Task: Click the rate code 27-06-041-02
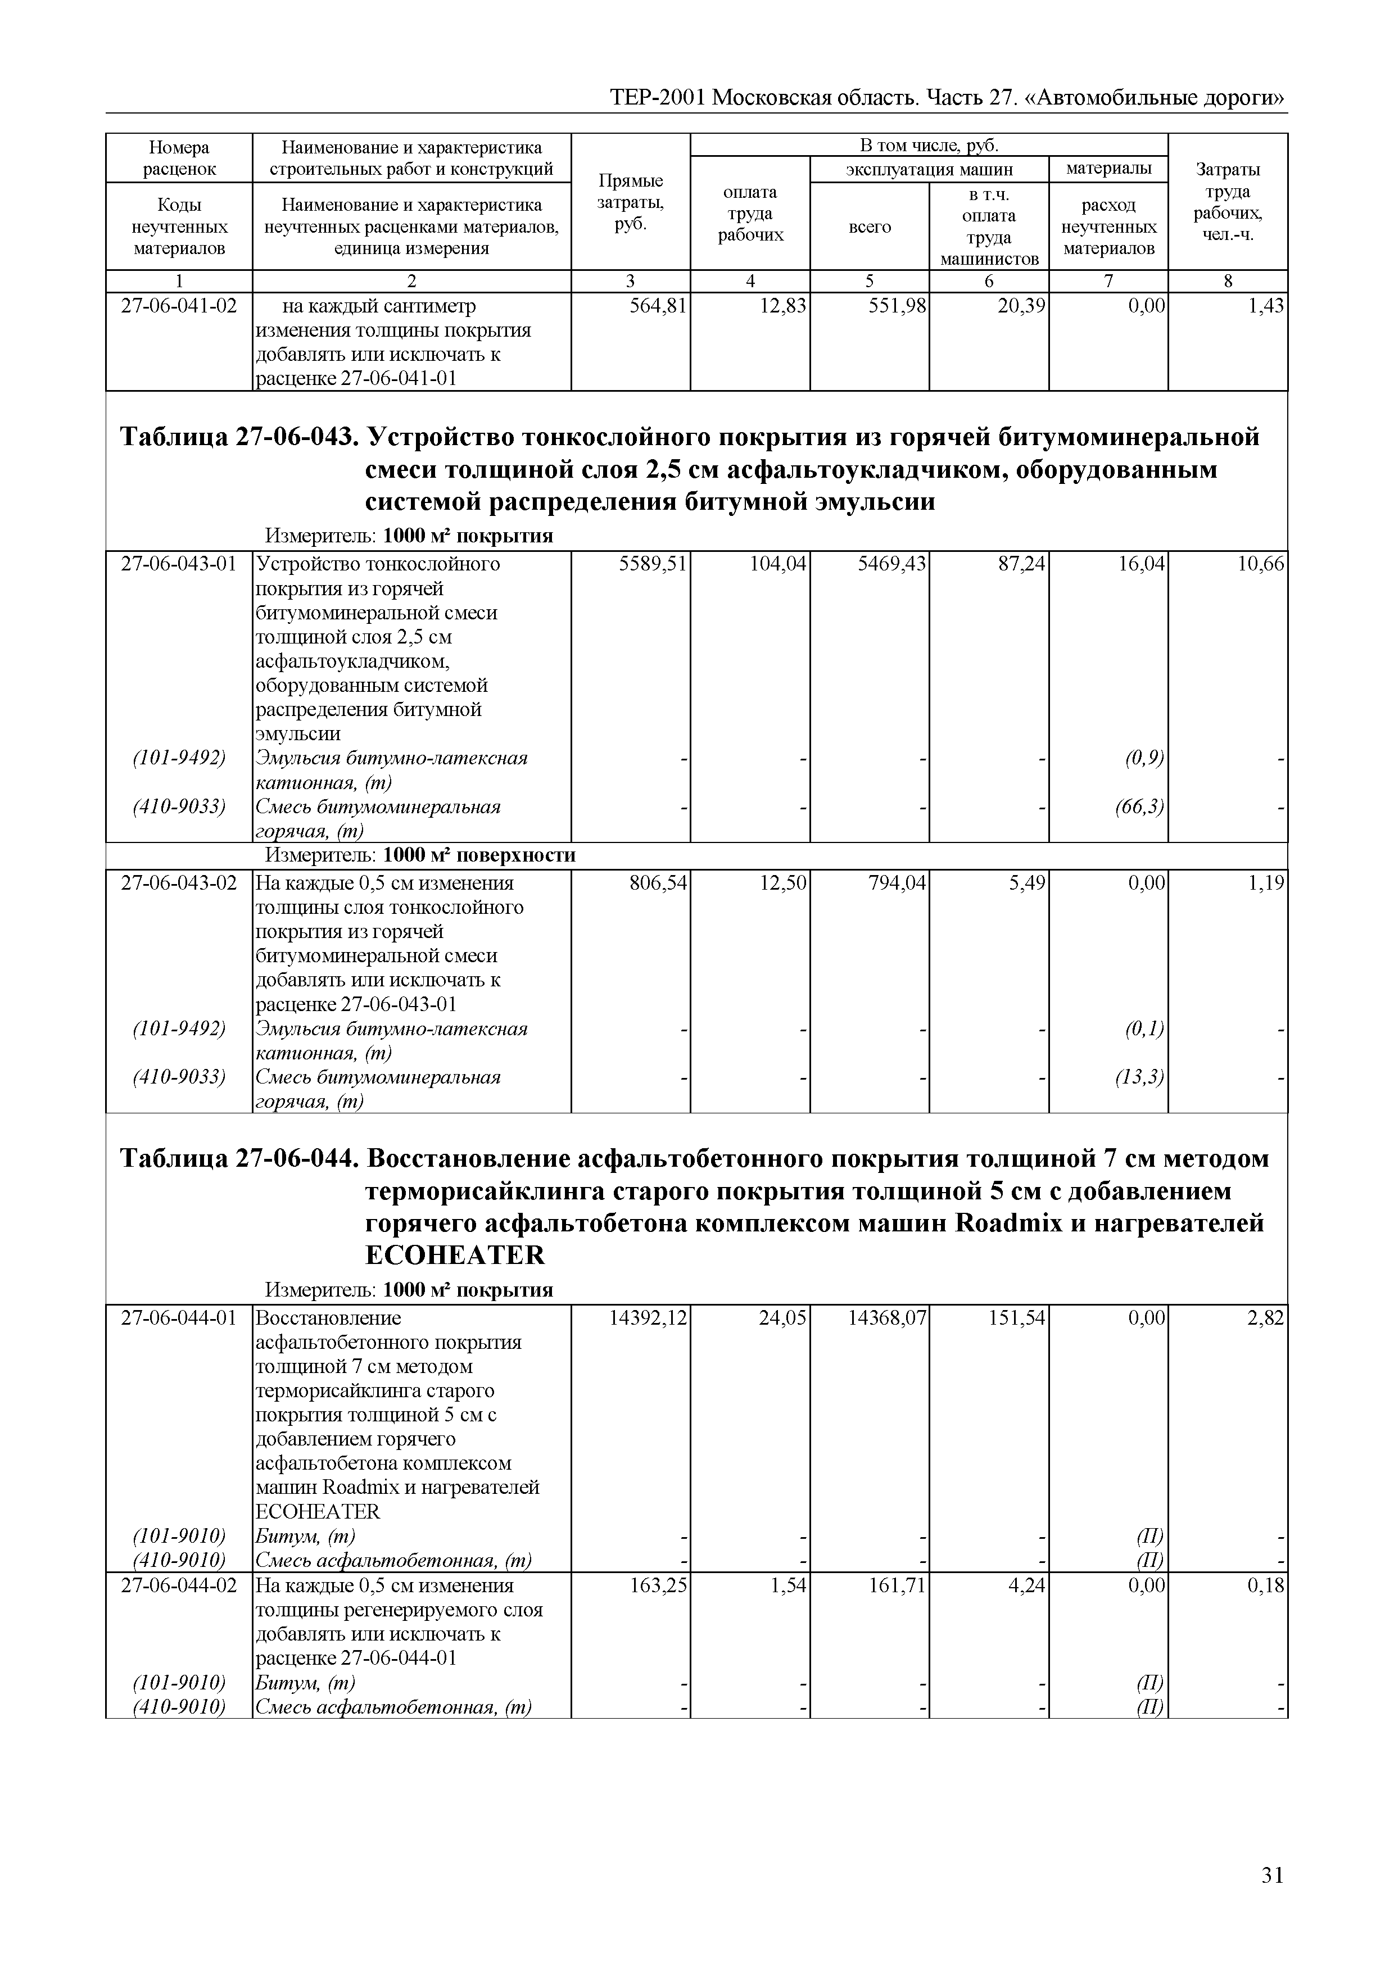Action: click(x=179, y=306)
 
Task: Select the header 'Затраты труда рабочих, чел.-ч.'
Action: click(x=1228, y=202)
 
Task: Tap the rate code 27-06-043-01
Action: click(x=179, y=565)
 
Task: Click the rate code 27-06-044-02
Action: click(x=179, y=1585)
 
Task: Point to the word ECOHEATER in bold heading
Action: click(x=455, y=1255)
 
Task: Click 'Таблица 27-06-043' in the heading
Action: click(x=236, y=438)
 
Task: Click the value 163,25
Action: click(x=658, y=1585)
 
